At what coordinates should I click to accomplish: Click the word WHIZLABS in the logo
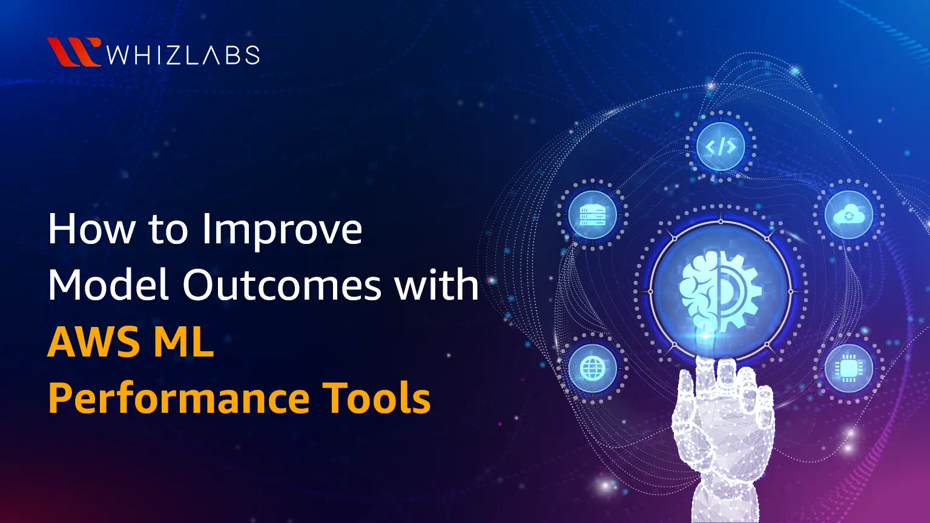[x=183, y=55]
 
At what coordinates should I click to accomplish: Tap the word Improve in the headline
[x=282, y=230]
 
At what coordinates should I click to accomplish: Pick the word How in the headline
[x=91, y=230]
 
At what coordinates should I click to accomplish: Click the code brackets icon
[x=720, y=146]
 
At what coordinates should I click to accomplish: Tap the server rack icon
[x=592, y=215]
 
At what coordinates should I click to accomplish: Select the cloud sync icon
[x=849, y=215]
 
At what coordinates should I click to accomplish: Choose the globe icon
[x=592, y=368]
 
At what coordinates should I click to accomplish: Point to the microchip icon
[x=848, y=368]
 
